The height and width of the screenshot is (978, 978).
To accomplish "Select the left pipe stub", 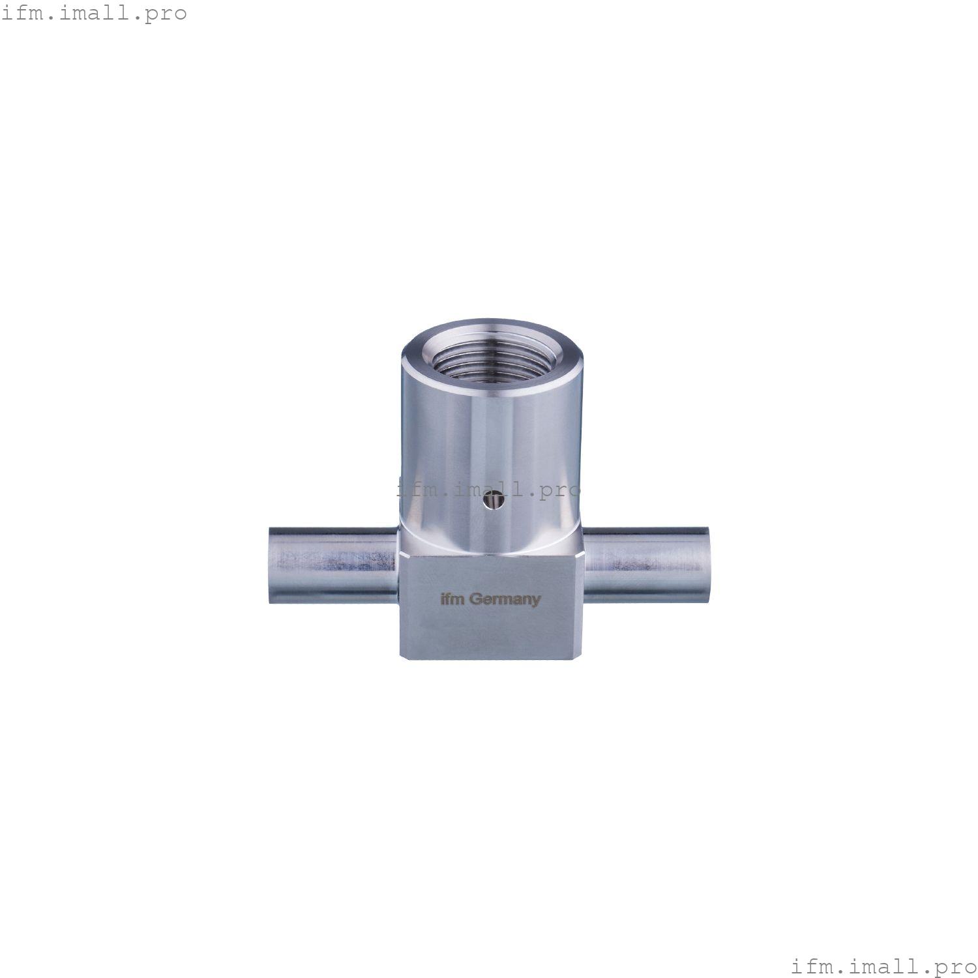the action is pyautogui.click(x=333, y=565).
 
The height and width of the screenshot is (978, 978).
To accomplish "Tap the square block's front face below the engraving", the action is pyautogui.click(x=489, y=632).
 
